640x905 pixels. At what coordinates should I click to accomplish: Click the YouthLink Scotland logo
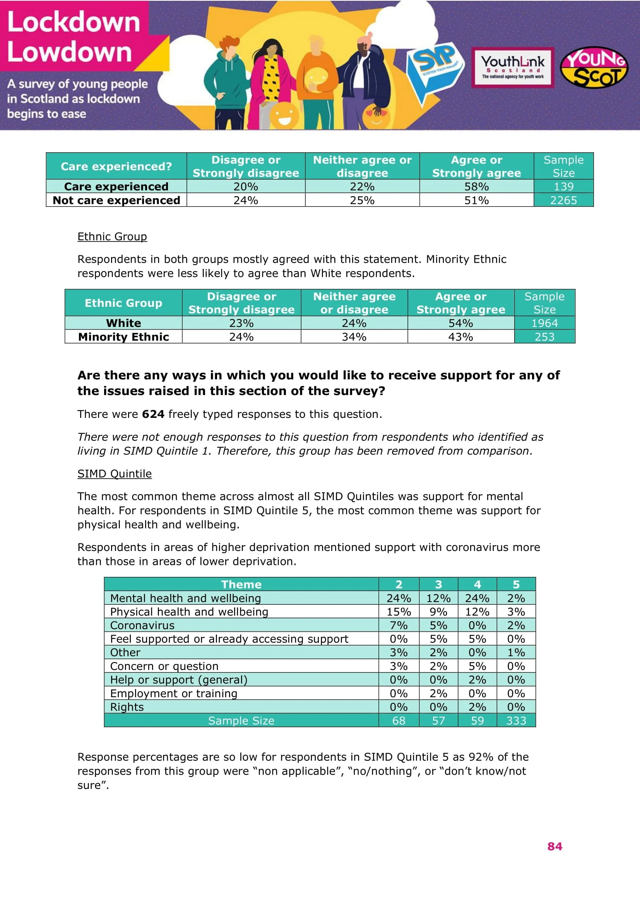click(512, 67)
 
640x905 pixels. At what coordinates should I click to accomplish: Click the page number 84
click(554, 846)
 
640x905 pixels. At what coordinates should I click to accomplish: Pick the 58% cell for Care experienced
click(476, 186)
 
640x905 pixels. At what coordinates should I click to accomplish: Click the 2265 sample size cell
click(563, 200)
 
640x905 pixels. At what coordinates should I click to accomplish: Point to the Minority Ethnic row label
click(123, 337)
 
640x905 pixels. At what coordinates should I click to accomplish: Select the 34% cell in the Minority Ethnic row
click(354, 337)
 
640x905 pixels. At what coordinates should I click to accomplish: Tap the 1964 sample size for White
click(544, 323)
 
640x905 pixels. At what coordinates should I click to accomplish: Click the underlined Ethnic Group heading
click(112, 236)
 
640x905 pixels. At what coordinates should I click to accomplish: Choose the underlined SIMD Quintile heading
click(114, 474)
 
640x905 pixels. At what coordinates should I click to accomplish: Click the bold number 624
click(153, 414)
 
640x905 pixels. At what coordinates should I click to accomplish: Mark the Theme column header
click(241, 584)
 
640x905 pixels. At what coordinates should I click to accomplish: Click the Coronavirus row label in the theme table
click(142, 626)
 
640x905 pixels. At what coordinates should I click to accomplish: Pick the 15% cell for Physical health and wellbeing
click(399, 612)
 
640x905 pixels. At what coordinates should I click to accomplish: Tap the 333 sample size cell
click(516, 721)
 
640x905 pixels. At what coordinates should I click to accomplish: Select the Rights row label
click(127, 707)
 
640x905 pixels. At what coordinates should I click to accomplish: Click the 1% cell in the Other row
click(516, 653)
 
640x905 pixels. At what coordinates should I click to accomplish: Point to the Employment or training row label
click(173, 694)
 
